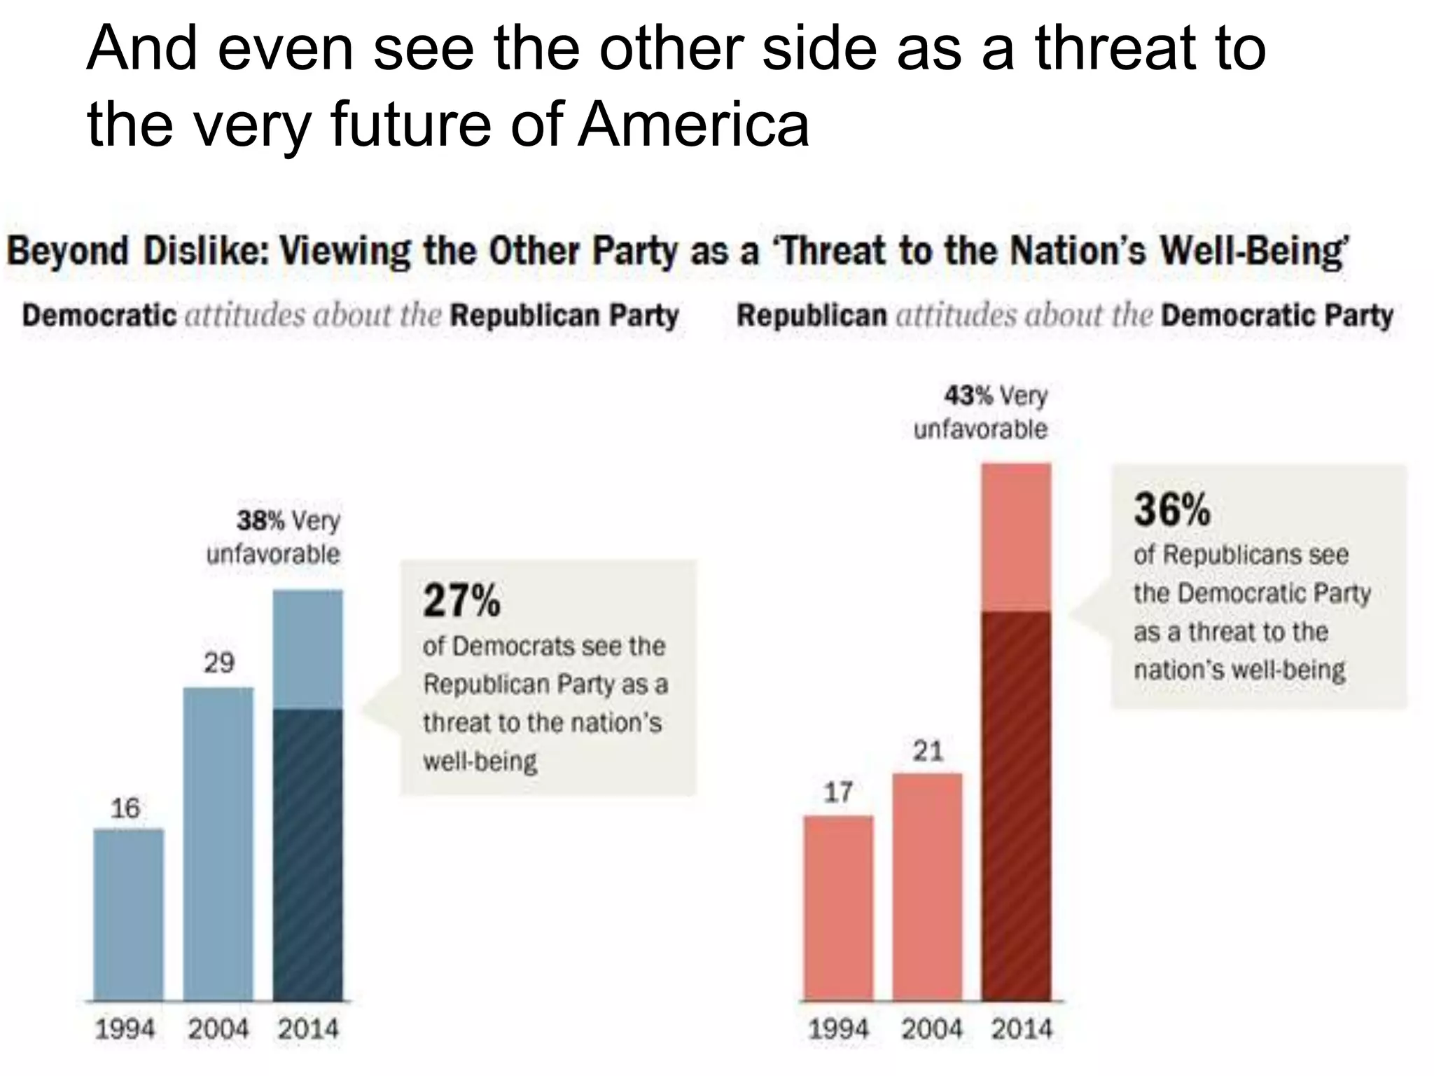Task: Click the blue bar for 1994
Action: click(x=129, y=914)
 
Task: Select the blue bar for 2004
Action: click(x=218, y=844)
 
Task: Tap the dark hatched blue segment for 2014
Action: click(x=308, y=855)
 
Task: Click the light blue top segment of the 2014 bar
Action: click(x=308, y=649)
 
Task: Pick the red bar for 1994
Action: click(x=838, y=908)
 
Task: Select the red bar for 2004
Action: click(x=928, y=887)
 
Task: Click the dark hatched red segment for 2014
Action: click(x=1017, y=806)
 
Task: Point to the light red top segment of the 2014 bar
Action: click(x=1017, y=537)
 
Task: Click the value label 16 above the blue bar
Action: click(x=125, y=808)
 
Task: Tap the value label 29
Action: click(x=219, y=663)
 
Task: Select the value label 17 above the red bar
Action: click(x=838, y=792)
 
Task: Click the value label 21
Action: click(x=928, y=752)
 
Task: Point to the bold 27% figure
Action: click(x=461, y=601)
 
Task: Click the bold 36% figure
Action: click(x=1171, y=509)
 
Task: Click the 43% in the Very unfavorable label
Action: click(x=968, y=396)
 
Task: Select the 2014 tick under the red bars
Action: click(x=1022, y=1029)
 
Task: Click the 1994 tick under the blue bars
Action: click(x=125, y=1029)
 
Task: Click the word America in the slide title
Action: click(x=693, y=125)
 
